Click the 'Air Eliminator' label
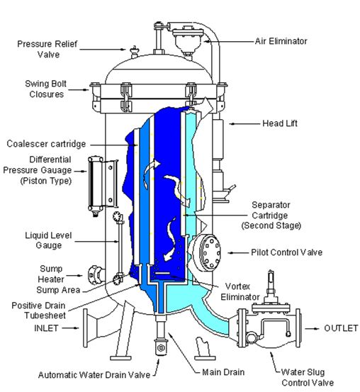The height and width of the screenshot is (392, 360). (281, 41)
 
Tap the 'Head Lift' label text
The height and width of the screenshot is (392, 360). (280, 123)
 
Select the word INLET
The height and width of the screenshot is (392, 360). (46, 328)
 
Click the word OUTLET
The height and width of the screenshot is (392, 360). (341, 328)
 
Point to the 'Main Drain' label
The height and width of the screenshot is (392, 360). (223, 372)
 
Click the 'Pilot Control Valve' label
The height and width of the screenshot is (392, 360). (286, 252)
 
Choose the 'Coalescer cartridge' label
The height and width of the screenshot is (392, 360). (46, 144)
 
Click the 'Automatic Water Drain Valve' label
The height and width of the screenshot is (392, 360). (94, 375)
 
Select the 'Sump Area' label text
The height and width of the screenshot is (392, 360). (58, 290)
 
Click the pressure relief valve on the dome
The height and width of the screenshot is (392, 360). (135, 52)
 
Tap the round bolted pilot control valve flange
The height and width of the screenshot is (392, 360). (210, 253)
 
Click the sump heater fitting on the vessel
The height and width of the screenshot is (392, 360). (96, 275)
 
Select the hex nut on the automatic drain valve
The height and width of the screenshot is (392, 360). (161, 348)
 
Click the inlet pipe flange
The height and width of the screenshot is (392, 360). (86, 328)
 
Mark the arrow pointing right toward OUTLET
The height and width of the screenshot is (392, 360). (312, 328)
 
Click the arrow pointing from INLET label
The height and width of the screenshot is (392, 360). (70, 328)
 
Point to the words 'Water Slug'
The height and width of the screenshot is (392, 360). (303, 372)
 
